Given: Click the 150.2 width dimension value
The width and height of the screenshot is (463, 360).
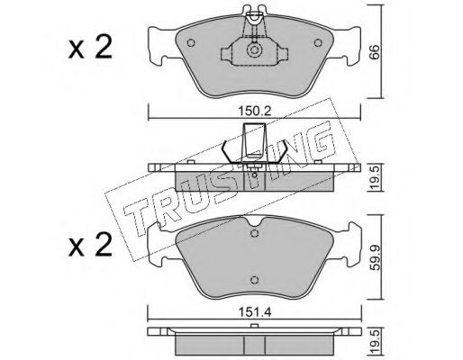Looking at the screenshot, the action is point(255,111).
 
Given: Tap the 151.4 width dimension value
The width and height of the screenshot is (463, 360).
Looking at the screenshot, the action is point(255,312).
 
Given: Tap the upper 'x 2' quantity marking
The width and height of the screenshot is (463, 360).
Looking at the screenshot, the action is point(90,48).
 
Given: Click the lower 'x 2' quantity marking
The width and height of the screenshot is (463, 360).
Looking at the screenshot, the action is point(90,246).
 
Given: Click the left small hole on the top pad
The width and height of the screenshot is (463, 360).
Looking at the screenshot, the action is point(191,43).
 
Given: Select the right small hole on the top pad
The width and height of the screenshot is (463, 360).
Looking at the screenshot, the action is point(318,43).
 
